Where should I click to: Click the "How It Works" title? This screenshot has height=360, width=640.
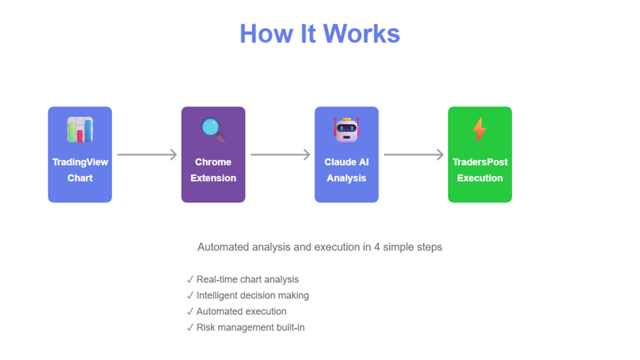coord(320,34)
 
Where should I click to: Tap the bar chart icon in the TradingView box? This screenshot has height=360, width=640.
coord(80,130)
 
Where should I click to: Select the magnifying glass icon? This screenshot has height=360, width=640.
coord(213,129)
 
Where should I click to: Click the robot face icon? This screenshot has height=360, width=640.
coord(346,129)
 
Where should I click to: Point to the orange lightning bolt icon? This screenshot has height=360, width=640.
coord(480,130)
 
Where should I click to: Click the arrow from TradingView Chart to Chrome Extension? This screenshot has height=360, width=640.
coord(146,154)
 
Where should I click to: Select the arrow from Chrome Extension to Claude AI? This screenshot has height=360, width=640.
coord(280,154)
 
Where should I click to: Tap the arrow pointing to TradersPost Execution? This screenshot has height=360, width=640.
coord(413,154)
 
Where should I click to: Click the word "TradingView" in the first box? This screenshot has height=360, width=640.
coord(80,162)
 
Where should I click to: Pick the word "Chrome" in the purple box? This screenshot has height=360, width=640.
coord(213,162)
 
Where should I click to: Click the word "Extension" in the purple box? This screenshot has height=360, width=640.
coord(213,178)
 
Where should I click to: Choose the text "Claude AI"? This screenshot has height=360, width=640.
coord(346,162)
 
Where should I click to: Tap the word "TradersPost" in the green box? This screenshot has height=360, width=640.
coord(480,162)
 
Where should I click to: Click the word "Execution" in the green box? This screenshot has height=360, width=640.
coord(480,178)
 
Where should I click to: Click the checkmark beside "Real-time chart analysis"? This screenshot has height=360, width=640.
coord(190,280)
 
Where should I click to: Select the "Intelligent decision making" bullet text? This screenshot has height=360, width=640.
coord(252,296)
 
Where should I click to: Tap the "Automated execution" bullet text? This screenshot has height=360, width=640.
coord(241,312)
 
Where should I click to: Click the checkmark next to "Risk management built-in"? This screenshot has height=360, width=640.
coord(190,328)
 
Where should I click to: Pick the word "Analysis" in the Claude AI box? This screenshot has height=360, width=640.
coord(346,178)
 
